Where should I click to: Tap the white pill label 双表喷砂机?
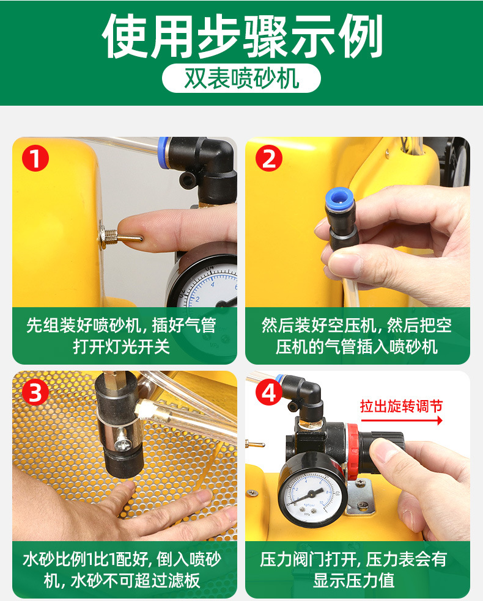click(242, 78)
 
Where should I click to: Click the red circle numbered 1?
click(35, 159)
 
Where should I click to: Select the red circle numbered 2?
click(269, 159)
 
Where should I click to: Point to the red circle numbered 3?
click(35, 392)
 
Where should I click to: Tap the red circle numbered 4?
click(269, 392)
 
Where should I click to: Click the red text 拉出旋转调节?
click(401, 406)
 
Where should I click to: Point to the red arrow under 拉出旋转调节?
click(402, 420)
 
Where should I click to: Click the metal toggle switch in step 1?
click(120, 237)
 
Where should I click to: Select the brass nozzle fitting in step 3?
click(152, 410)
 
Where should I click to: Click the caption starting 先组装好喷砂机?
click(121, 336)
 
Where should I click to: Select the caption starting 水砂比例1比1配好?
click(122, 570)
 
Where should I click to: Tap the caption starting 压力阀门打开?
click(354, 570)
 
